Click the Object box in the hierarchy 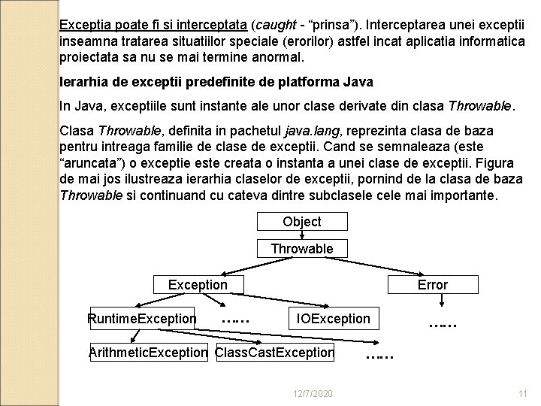click(x=301, y=222)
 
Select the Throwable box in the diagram click(x=301, y=248)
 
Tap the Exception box click(x=198, y=284)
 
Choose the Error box click(x=432, y=284)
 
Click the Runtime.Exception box click(x=141, y=318)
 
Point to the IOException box click(x=334, y=318)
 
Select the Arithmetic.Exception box click(x=147, y=352)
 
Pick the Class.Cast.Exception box click(x=274, y=352)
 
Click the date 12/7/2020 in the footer click(x=310, y=394)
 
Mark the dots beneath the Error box click(x=443, y=325)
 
